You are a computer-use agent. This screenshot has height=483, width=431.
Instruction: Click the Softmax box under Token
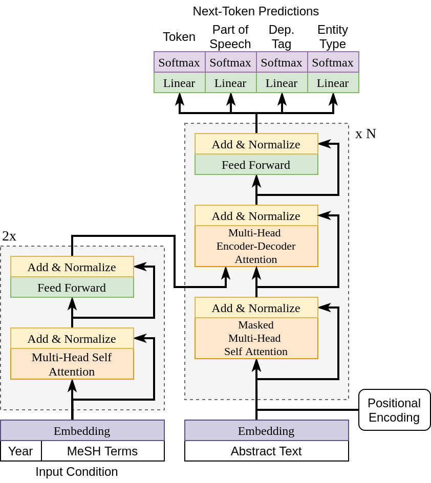(179, 62)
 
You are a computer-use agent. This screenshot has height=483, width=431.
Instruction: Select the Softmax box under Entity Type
(333, 62)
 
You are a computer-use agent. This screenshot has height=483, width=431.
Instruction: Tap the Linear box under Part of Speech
(231, 82)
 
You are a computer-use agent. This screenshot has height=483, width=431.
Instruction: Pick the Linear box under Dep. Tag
(282, 82)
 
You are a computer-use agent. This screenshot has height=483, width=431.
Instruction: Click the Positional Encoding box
(394, 410)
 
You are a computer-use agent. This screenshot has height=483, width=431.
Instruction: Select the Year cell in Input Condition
(21, 451)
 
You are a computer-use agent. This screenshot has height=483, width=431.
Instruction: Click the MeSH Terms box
(103, 451)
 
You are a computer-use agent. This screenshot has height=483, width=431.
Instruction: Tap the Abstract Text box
(267, 451)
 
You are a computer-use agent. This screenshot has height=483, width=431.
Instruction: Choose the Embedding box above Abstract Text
(267, 430)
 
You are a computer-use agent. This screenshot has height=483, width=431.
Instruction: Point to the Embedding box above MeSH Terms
(82, 430)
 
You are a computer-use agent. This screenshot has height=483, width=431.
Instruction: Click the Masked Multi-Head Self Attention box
(256, 338)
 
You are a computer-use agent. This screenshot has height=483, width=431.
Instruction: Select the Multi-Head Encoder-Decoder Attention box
(256, 246)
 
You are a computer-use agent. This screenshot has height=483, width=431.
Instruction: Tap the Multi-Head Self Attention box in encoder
(72, 364)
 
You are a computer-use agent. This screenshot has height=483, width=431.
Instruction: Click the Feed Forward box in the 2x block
(72, 287)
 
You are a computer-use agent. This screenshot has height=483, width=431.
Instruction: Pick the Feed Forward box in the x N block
(256, 164)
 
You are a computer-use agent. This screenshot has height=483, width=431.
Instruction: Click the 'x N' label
(365, 134)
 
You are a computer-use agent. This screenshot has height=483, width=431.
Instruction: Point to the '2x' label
(9, 236)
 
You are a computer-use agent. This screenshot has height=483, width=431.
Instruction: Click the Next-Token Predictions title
(256, 11)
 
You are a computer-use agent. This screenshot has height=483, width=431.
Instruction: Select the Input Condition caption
(77, 472)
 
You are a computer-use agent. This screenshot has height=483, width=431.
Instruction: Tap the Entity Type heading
(333, 37)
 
